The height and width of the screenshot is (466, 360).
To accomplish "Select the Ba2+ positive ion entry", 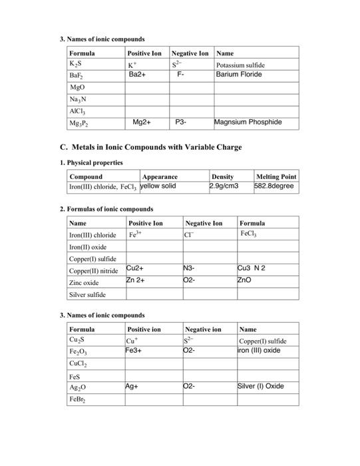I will click(137, 75).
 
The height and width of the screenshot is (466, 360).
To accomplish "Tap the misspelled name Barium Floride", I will click(239, 75).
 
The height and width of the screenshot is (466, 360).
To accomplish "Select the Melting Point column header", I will click(275, 176).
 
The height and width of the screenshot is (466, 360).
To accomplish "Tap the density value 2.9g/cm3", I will click(224, 186).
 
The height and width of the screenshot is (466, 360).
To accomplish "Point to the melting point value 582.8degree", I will click(273, 186).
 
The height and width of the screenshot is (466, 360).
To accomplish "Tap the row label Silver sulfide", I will click(88, 294).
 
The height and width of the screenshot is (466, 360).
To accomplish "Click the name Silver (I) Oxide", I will click(261, 385).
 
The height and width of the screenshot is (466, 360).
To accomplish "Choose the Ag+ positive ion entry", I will click(132, 385).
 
